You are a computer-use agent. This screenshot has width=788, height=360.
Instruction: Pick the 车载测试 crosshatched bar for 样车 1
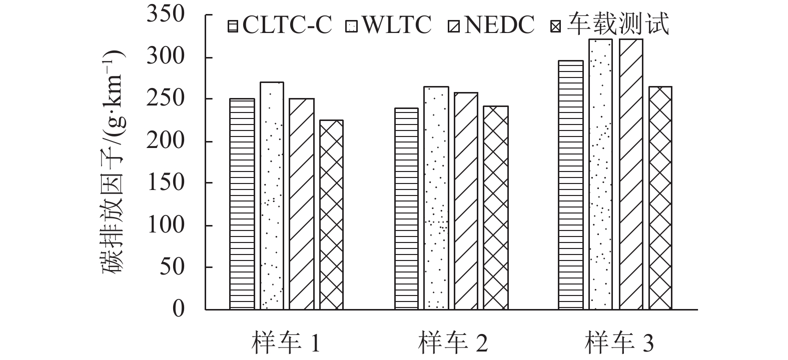click(331, 215)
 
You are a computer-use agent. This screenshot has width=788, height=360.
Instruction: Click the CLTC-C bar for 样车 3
click(571, 185)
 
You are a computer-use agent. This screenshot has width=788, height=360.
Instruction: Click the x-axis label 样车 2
click(453, 343)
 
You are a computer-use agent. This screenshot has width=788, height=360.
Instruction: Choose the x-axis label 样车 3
click(620, 343)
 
